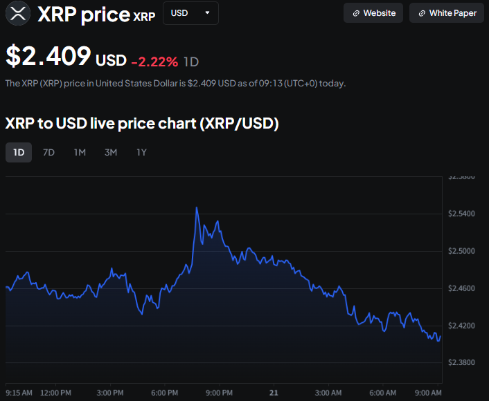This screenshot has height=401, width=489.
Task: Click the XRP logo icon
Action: (18, 12)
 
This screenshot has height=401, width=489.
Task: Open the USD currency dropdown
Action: (190, 13)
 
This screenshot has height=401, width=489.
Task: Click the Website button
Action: (373, 13)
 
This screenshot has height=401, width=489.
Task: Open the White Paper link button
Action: (447, 13)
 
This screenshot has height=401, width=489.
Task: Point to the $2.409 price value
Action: (48, 57)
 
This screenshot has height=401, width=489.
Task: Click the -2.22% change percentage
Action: (154, 62)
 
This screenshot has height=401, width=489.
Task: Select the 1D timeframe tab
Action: (19, 152)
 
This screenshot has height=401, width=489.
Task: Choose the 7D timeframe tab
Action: (48, 152)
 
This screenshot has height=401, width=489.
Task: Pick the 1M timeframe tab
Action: (80, 152)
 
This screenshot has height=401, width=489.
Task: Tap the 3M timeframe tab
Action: (111, 152)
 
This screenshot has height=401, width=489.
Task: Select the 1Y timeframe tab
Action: (141, 152)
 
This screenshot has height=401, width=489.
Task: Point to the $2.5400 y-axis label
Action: (462, 214)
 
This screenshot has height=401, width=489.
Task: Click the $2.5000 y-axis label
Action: (462, 251)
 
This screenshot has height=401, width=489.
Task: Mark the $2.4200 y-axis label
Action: (462, 326)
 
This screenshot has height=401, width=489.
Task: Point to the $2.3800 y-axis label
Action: (462, 363)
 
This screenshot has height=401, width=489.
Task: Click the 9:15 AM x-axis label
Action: (19, 393)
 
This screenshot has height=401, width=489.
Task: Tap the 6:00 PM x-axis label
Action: (165, 393)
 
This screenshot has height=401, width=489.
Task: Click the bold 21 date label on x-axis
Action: (274, 393)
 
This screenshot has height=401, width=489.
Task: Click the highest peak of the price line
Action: (197, 207)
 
